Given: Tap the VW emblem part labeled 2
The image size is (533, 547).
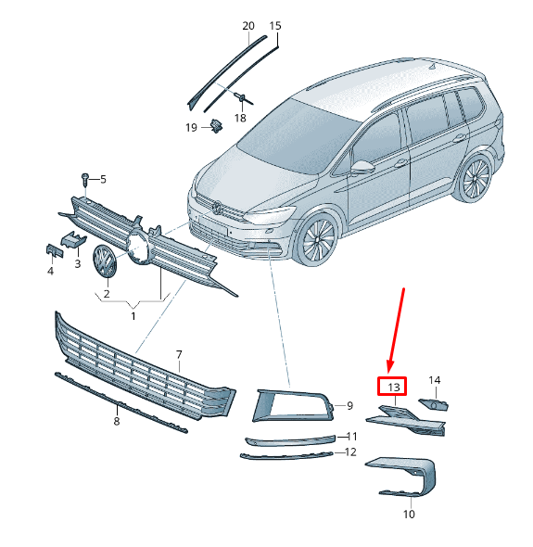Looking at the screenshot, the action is pyautogui.click(x=105, y=261).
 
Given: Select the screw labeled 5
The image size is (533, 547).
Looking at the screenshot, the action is pyautogui.click(x=84, y=182).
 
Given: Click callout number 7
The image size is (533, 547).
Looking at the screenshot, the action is pyautogui.click(x=179, y=355).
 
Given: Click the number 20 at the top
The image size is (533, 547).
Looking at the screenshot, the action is pyautogui.click(x=248, y=26).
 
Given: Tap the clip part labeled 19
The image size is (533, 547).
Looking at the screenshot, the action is pyautogui.click(x=217, y=126).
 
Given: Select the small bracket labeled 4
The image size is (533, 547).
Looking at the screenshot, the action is pyautogui.click(x=55, y=250).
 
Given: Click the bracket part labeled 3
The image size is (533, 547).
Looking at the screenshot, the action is pyautogui.click(x=73, y=239).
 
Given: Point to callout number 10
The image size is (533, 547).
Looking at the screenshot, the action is pyautogui.click(x=409, y=514).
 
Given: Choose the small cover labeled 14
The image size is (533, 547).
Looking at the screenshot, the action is pyautogui.click(x=434, y=404).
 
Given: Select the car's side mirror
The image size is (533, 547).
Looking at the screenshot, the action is pyautogui.click(x=362, y=167).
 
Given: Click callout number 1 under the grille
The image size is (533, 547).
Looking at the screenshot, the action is pyautogui.click(x=133, y=316).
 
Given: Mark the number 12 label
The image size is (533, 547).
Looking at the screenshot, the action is pyautogui.click(x=350, y=452).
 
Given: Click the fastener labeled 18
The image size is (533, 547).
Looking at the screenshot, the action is pyautogui.click(x=242, y=97).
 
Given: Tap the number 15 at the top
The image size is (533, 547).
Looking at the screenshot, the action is pyautogui.click(x=275, y=26).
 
